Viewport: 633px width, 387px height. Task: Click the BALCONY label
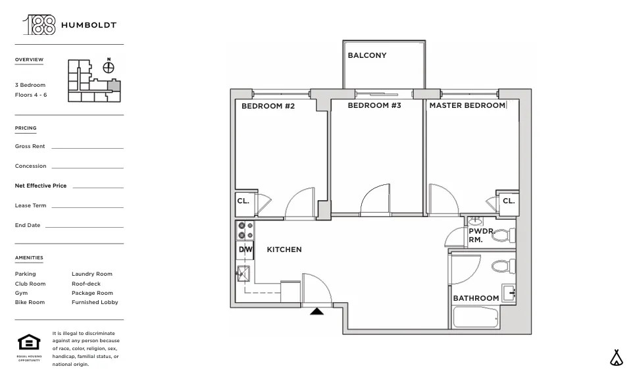367,55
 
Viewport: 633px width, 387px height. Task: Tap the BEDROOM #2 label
268,106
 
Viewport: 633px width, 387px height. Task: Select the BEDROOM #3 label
374,105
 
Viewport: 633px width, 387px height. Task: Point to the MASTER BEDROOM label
467,105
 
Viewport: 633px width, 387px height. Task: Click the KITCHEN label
284,249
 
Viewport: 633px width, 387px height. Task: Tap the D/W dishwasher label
245,249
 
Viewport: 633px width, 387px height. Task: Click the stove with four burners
245,230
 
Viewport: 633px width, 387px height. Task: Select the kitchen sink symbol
243,273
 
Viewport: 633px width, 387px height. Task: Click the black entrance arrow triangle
316,311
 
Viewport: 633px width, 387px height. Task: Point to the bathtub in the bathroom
475,318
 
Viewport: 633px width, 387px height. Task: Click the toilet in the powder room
501,235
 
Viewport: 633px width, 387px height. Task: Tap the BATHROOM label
476,298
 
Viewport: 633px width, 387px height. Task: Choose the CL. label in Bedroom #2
243,201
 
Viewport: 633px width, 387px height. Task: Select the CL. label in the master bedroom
509,201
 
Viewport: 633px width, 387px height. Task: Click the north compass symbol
109,67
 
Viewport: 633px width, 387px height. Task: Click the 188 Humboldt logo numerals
39,25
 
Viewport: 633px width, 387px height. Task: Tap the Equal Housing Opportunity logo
29,343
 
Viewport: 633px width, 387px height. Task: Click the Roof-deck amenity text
86,284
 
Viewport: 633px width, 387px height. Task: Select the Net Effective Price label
41,186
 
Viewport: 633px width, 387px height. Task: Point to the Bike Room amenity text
30,302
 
